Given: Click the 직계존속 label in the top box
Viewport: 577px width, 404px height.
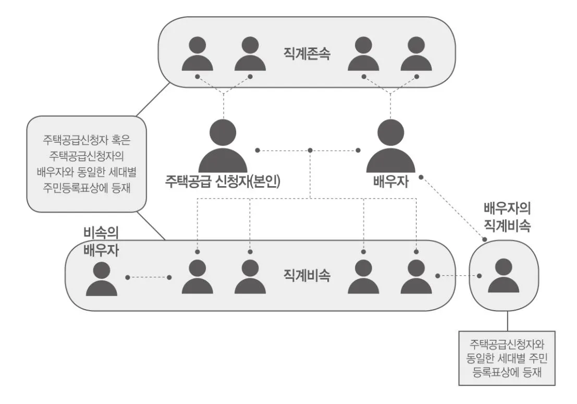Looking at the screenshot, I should tap(306, 54).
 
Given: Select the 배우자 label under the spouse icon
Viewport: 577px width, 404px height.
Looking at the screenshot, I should tap(391, 182).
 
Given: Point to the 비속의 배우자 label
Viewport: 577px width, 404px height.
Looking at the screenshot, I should tap(101, 241).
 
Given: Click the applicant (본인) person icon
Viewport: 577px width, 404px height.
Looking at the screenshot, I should tap(223, 147).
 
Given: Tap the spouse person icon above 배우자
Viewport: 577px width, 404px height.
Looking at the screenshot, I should tap(391, 147).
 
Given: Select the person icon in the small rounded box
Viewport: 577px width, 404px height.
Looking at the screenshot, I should tap(504, 276).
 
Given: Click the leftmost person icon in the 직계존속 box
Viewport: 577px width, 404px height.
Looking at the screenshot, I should tap(197, 54).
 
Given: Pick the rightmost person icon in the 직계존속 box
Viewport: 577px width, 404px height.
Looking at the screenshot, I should tap(416, 54).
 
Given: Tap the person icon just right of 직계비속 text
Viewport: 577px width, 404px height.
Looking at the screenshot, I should tap(363, 277).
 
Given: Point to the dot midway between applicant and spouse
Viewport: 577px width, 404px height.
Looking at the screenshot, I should tap(310, 151).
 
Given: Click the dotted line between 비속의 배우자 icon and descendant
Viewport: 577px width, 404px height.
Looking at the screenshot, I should tap(148, 277).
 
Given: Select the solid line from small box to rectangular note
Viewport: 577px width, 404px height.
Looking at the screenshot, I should tap(507, 321).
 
